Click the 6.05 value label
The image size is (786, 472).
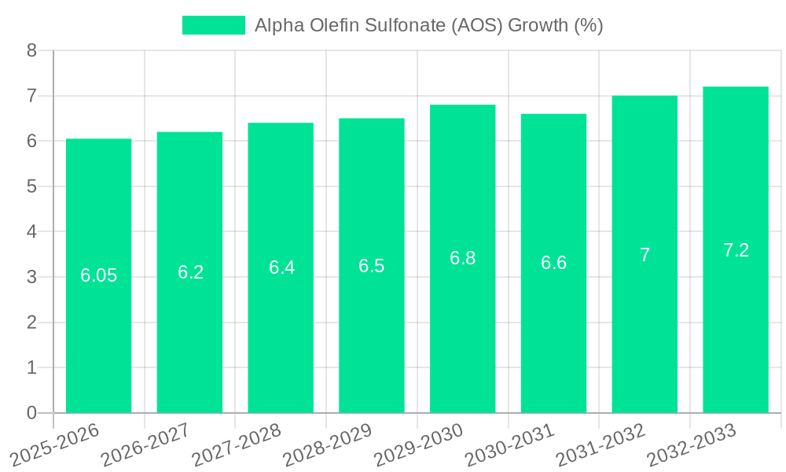98,275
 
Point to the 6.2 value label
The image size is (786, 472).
190,272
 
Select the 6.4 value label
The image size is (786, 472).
281,267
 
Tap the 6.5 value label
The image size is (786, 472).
371,266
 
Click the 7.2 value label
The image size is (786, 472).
736,250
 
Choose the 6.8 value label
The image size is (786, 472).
462,258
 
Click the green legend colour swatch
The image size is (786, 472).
213,25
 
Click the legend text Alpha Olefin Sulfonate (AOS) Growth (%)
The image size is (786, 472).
428,25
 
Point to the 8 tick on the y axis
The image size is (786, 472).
31,50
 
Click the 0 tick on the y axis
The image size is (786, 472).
31,413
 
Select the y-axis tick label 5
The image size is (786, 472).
31,186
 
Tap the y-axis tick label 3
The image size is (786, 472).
31,277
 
